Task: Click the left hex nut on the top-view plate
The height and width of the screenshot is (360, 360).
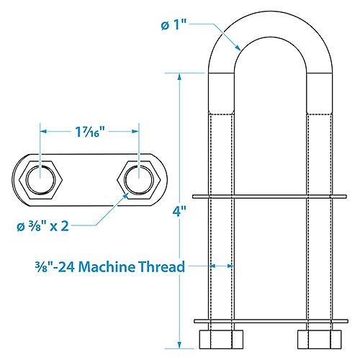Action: coord(40,177)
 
